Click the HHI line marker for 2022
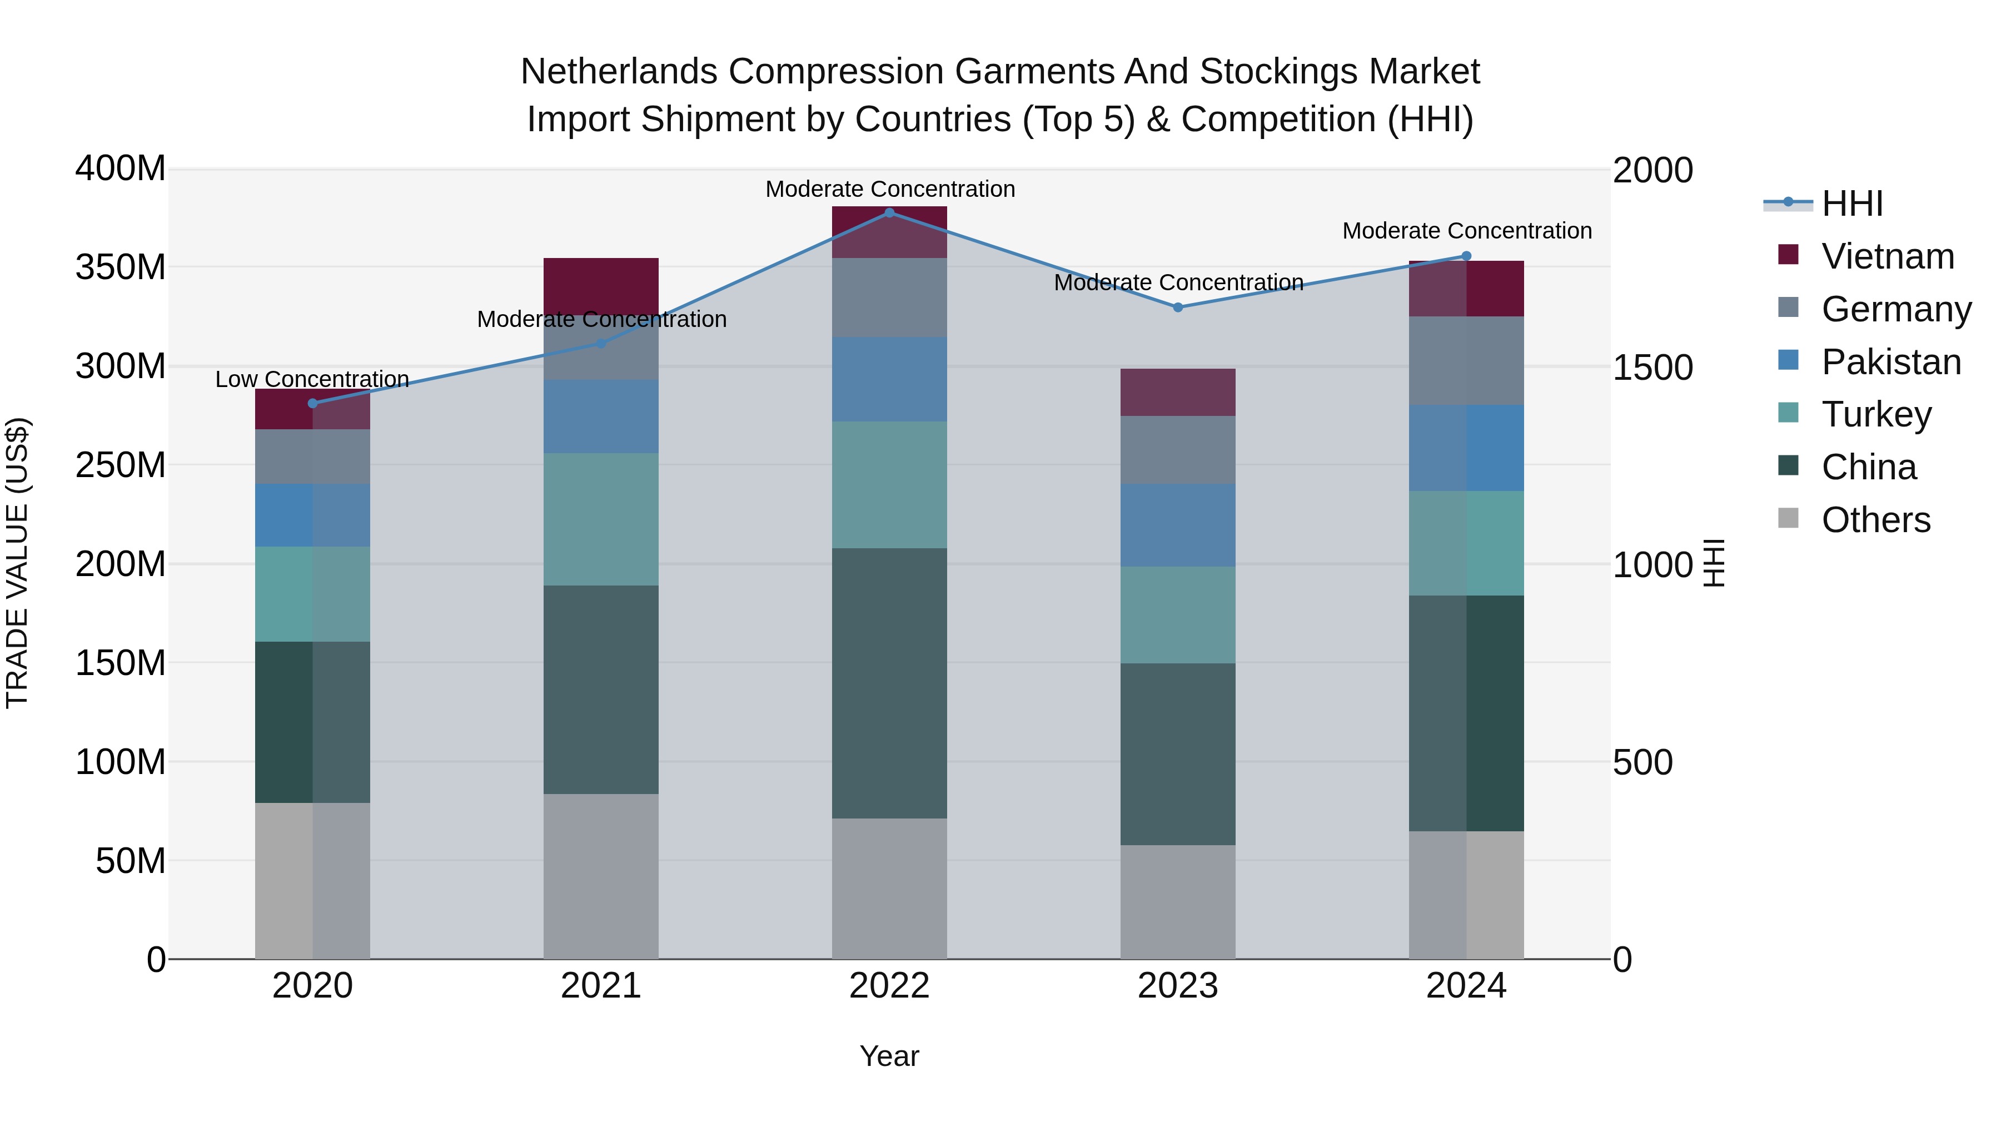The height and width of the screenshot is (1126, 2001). point(889,213)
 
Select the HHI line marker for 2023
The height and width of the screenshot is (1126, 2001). point(1178,307)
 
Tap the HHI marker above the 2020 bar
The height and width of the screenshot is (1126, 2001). point(312,403)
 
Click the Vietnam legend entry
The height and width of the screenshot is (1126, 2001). point(1887,256)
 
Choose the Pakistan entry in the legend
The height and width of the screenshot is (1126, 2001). point(1891,362)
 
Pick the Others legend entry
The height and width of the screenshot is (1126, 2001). point(1875,520)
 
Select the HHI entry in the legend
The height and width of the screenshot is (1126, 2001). point(1852,204)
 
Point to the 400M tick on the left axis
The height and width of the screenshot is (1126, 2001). point(121,168)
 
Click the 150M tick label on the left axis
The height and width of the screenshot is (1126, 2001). point(121,663)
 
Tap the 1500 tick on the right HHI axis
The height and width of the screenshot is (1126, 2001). point(1653,368)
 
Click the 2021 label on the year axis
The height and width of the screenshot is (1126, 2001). point(600,986)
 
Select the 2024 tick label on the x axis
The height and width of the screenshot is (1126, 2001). point(1466,986)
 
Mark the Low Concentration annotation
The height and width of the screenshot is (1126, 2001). point(312,379)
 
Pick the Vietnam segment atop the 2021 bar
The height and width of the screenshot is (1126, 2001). point(600,284)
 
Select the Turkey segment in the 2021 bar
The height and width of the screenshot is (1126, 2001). point(600,519)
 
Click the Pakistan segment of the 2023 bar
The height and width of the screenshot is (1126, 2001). point(1178,525)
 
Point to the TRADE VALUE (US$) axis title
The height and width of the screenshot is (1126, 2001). point(17,563)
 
